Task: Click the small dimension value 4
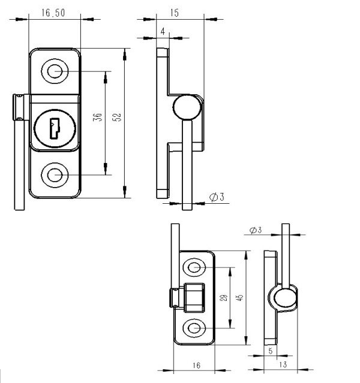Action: pos(163,31)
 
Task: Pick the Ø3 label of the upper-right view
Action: pos(217,197)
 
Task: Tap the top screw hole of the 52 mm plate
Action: pos(55,71)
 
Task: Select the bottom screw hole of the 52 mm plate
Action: pos(55,175)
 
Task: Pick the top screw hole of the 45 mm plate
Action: pos(195,267)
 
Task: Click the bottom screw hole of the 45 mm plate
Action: pos(195,327)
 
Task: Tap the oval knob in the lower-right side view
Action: pos(283,298)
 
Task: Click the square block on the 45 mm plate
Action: pos(194,297)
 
